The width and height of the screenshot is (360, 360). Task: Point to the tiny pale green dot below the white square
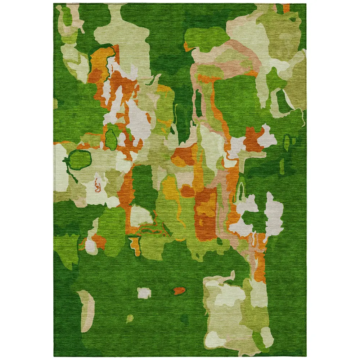coord(130,318)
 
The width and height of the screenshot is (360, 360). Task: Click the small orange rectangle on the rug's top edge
coord(287,8)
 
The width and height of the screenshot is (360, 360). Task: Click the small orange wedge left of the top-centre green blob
coord(187,47)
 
